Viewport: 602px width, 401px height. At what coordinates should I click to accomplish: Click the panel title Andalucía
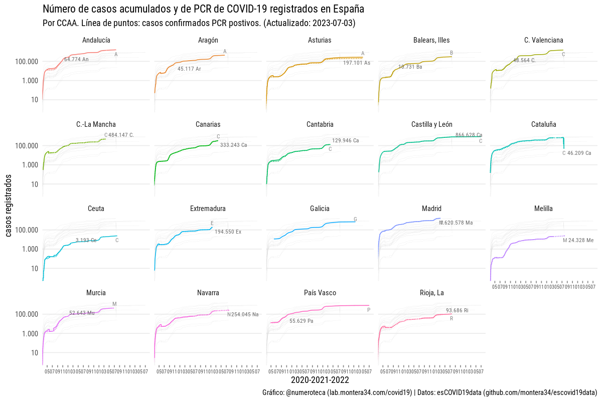click(x=96, y=40)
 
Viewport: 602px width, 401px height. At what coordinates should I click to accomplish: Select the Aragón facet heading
click(x=208, y=40)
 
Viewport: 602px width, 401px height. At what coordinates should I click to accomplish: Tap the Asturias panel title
click(x=320, y=40)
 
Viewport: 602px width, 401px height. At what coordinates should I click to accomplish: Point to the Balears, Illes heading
click(x=431, y=40)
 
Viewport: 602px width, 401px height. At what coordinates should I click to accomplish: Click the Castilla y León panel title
click(x=431, y=124)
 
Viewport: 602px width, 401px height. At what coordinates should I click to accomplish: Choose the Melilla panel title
click(x=544, y=209)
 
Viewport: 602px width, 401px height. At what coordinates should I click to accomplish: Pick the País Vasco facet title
click(x=320, y=293)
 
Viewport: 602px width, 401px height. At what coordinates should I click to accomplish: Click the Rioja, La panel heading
click(x=431, y=293)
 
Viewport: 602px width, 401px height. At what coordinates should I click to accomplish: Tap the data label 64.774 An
click(x=76, y=60)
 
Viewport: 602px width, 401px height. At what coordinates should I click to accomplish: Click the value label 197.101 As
click(x=357, y=63)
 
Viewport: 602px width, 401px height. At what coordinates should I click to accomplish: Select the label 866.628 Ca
click(x=469, y=135)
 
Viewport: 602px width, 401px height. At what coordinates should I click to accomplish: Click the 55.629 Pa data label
click(x=301, y=321)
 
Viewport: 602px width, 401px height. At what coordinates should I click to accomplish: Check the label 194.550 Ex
click(x=228, y=232)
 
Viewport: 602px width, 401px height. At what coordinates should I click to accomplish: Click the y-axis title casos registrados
click(x=9, y=206)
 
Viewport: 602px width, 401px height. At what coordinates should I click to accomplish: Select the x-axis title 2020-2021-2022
click(x=320, y=380)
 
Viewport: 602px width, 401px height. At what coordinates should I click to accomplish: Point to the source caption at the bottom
click(x=429, y=392)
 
